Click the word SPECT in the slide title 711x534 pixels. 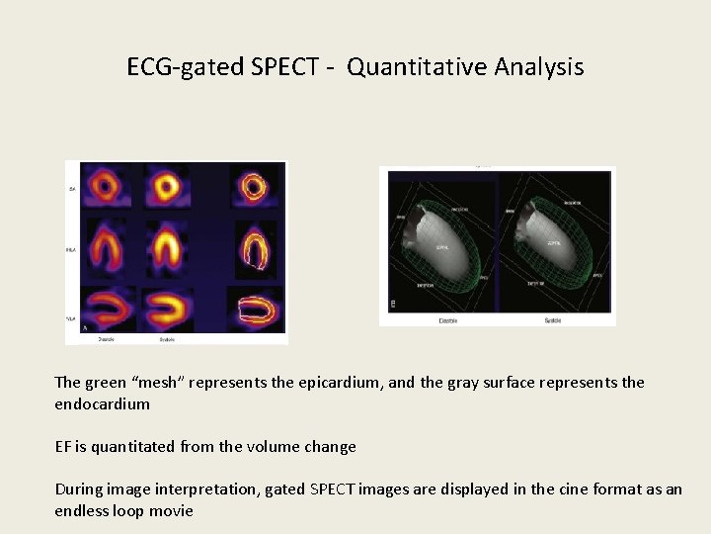click(x=285, y=67)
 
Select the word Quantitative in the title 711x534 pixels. click(x=404, y=67)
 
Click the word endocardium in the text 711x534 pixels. click(x=102, y=404)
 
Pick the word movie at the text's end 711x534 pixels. click(x=170, y=511)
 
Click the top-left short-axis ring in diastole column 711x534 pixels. click(x=104, y=185)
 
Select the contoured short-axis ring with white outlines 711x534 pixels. click(x=255, y=185)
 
